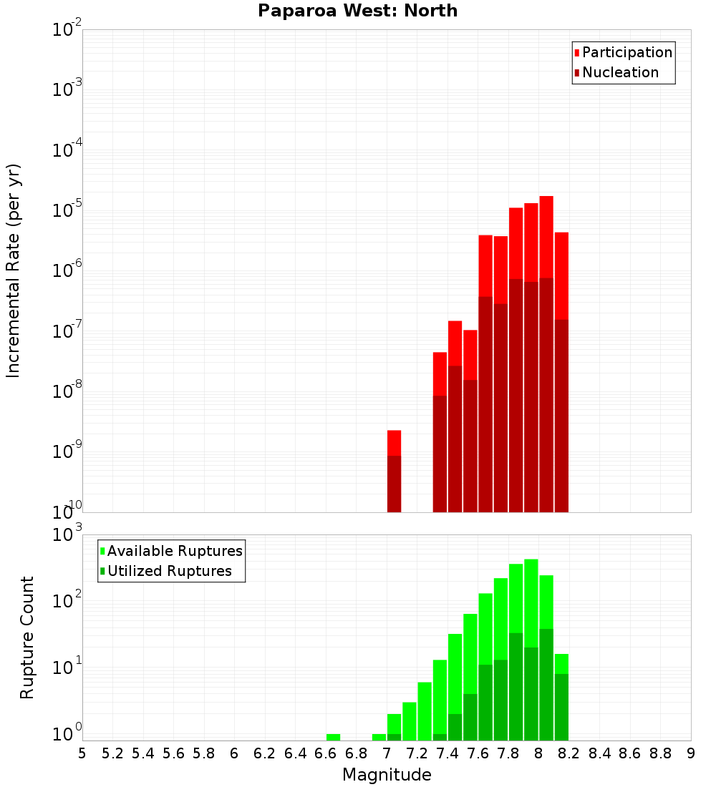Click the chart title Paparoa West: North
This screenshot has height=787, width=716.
[x=357, y=11]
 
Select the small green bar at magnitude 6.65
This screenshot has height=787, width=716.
[x=333, y=737]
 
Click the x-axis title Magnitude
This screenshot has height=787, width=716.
[x=387, y=775]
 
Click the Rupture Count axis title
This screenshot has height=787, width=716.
[x=27, y=637]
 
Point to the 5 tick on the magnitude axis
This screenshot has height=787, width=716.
[x=82, y=753]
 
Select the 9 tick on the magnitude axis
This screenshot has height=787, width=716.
[x=691, y=753]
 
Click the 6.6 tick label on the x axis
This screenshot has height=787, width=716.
[x=325, y=753]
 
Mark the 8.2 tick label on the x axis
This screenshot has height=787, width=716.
[x=569, y=753]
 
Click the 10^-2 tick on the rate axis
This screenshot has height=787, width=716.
[x=67, y=30]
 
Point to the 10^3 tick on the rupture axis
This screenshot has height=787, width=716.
[x=67, y=535]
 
